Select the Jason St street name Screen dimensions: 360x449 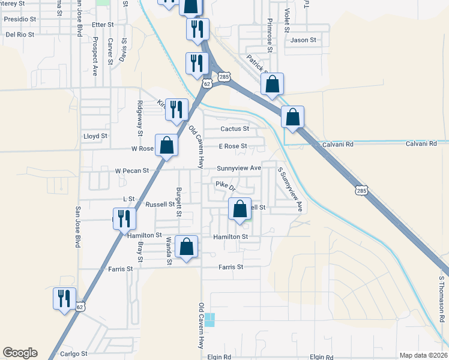(x=303, y=40)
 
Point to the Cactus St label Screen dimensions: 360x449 (x=234, y=129)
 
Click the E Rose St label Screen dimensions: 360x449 (x=233, y=146)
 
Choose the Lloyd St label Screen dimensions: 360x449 (x=95, y=136)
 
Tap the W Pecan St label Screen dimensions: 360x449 (x=131, y=171)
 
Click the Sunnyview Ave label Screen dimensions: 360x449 (x=239, y=168)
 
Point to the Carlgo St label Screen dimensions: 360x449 (x=74, y=354)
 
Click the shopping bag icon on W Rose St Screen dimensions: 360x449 (x=167, y=145)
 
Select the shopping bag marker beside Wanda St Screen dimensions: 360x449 (x=186, y=247)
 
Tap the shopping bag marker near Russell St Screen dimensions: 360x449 (x=240, y=210)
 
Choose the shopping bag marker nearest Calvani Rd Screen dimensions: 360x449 (x=292, y=118)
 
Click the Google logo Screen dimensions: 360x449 (x=20, y=353)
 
